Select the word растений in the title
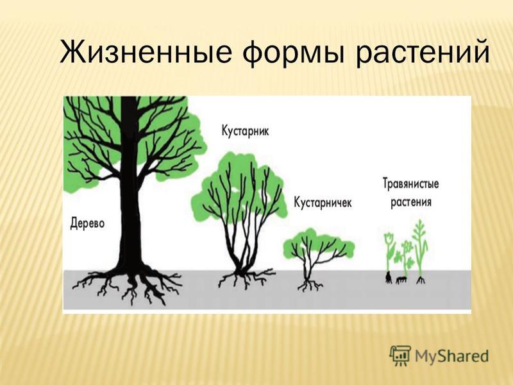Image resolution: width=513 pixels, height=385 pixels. click(423, 53)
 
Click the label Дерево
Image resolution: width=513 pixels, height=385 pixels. click(88, 223)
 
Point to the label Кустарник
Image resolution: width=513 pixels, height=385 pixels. click(245, 131)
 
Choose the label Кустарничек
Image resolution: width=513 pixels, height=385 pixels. click(323, 202)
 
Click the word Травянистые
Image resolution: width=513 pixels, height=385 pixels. click(410, 184)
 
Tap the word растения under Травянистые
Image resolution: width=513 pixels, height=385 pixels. click(411, 201)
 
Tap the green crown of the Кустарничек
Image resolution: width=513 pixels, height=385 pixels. click(318, 244)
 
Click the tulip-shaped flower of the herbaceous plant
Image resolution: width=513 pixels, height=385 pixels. click(389, 238)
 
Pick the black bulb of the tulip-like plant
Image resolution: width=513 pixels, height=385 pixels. click(389, 278)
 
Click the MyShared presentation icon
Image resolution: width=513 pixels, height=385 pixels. click(400, 355)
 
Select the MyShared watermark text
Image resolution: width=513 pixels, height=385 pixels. click(451, 356)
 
